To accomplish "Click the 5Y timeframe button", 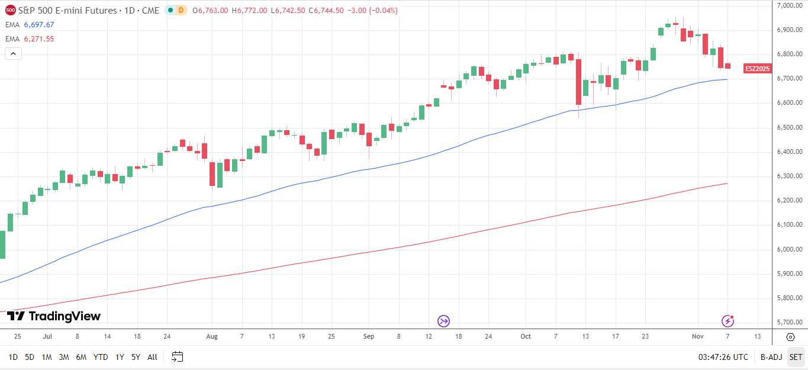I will tap(136, 357).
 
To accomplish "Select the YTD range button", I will tap(101, 357).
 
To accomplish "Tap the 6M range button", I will tap(81, 357).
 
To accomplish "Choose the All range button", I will tap(152, 357).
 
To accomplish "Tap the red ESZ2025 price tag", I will tap(758, 69).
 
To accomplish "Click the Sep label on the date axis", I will tap(369, 336).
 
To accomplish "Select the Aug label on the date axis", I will tap(212, 336).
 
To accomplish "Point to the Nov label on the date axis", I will tap(697, 336).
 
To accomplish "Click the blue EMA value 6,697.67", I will tap(38, 25).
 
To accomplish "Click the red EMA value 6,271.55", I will tap(38, 39).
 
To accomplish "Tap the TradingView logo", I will tap(54, 317).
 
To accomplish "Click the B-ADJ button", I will tap(771, 357).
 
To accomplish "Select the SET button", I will tap(796, 357).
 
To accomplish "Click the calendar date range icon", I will tap(177, 356).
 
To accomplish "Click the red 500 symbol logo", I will tap(11, 11).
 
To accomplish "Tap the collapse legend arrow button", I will tap(13, 54).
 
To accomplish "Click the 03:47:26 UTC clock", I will tap(723, 357).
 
